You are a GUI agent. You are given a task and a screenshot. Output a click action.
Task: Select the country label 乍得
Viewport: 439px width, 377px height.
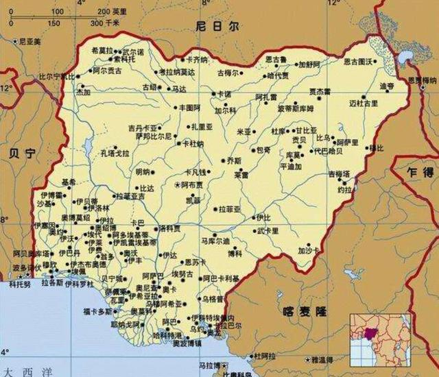(x=420, y=171)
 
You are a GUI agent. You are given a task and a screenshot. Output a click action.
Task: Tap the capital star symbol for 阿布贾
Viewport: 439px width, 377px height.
(x=176, y=186)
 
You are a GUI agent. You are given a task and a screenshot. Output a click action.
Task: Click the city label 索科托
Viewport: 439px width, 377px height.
(x=125, y=60)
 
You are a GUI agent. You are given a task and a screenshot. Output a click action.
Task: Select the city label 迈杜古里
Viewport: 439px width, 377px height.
(x=364, y=104)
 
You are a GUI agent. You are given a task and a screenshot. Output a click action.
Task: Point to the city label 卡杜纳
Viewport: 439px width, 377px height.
(x=193, y=145)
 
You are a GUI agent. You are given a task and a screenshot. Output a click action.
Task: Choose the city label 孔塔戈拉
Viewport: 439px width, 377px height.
(x=114, y=154)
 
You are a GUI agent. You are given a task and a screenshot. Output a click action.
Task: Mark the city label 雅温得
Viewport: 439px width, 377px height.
(x=322, y=359)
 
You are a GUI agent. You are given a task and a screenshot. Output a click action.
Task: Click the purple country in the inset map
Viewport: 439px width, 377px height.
(x=370, y=337)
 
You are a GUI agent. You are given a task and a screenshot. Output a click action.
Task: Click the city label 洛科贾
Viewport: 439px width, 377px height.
(x=170, y=228)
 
